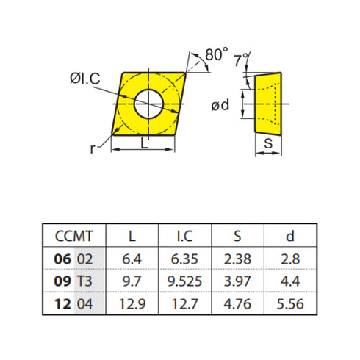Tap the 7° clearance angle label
(x=240, y=61)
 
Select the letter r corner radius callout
(x=93, y=148)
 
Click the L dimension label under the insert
(x=144, y=145)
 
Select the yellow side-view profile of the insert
(x=269, y=102)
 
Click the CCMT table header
(x=74, y=236)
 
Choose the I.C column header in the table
(x=185, y=236)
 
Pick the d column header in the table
(x=289, y=236)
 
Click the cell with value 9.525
(x=185, y=281)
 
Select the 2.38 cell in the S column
(x=237, y=259)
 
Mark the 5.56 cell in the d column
(x=289, y=303)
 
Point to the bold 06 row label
(x=63, y=259)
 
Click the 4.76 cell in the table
(x=237, y=303)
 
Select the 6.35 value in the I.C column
(x=185, y=259)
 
